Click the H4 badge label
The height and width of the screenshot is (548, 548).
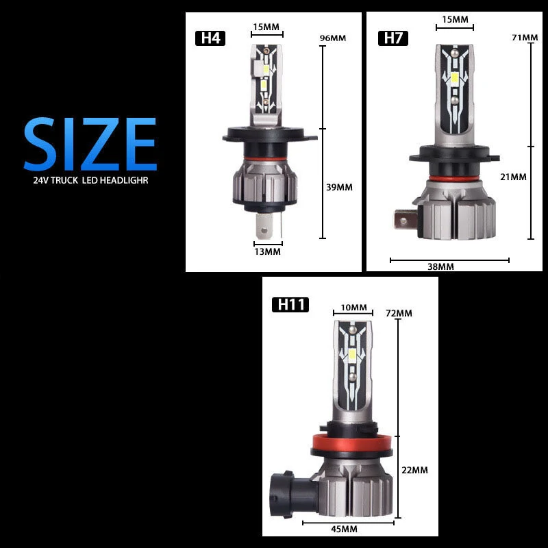[210, 38]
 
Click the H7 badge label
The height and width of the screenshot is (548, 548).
[393, 38]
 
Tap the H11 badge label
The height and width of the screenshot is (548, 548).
[290, 304]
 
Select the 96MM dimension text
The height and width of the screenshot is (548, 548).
[333, 38]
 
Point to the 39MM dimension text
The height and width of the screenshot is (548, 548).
[339, 187]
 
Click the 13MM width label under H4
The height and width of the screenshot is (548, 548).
[267, 251]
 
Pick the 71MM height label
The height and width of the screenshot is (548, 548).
[525, 37]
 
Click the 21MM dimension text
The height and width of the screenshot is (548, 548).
[513, 177]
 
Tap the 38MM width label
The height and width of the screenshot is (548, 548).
[440, 266]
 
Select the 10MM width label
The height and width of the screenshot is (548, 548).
[353, 307]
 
